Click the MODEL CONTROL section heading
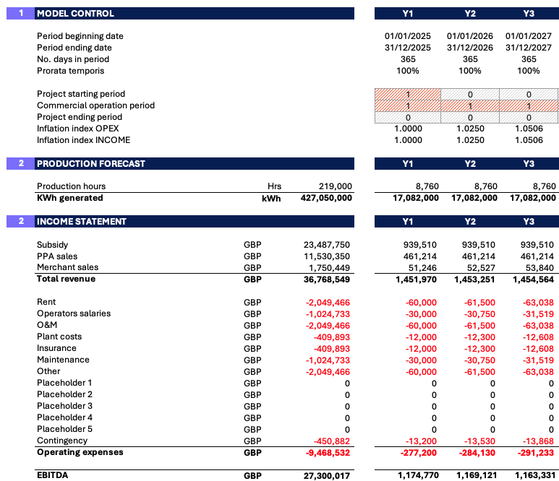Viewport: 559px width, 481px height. click(x=76, y=14)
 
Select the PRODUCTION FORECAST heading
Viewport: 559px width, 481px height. click(x=91, y=164)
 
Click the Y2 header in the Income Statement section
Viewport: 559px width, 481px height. click(x=470, y=222)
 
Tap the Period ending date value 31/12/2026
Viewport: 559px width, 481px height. click(x=470, y=48)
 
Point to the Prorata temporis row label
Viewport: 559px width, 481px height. click(x=71, y=71)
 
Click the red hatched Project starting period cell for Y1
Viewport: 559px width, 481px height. click(x=408, y=95)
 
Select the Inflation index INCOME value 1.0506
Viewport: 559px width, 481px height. click(x=529, y=140)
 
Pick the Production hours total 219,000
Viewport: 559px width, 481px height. click(x=335, y=186)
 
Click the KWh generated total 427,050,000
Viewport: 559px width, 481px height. click(x=326, y=198)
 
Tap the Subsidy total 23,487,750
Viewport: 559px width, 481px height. click(x=327, y=245)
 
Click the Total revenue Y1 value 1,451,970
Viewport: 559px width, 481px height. click(x=416, y=279)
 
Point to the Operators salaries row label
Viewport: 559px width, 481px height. click(x=74, y=313)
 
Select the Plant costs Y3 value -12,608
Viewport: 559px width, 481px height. click(x=538, y=337)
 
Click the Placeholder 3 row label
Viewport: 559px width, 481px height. click(x=64, y=406)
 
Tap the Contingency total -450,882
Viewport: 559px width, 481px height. click(x=332, y=441)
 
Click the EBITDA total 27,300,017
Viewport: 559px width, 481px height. click(x=327, y=476)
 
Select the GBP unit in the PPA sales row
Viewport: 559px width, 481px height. click(x=252, y=256)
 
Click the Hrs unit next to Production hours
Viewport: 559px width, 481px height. click(x=274, y=186)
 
